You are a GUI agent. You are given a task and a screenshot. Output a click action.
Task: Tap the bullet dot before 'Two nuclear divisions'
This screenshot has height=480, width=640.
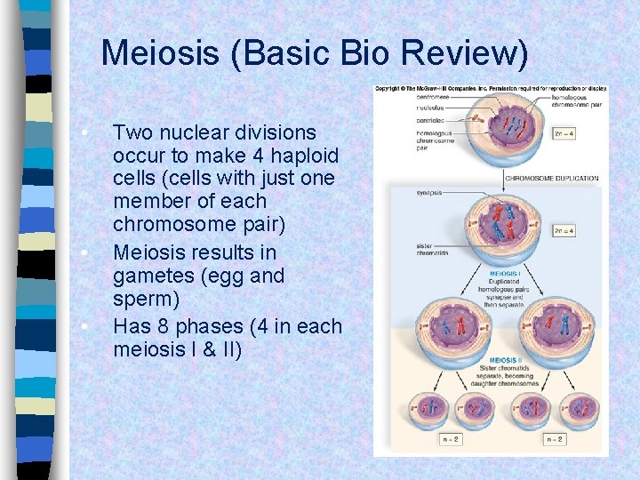pyautogui.click(x=83, y=133)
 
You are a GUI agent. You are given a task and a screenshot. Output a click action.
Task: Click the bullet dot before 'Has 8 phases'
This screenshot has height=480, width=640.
pyautogui.click(x=83, y=327)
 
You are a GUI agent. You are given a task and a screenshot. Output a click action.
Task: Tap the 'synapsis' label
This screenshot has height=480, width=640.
pyautogui.click(x=428, y=192)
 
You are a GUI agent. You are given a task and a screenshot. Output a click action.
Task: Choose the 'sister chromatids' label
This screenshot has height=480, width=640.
pyautogui.click(x=431, y=249)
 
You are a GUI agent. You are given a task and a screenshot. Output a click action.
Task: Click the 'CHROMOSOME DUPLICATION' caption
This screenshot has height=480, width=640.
pyautogui.click(x=552, y=178)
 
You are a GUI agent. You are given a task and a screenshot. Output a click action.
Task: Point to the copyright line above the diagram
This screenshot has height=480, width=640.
pyautogui.click(x=491, y=88)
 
